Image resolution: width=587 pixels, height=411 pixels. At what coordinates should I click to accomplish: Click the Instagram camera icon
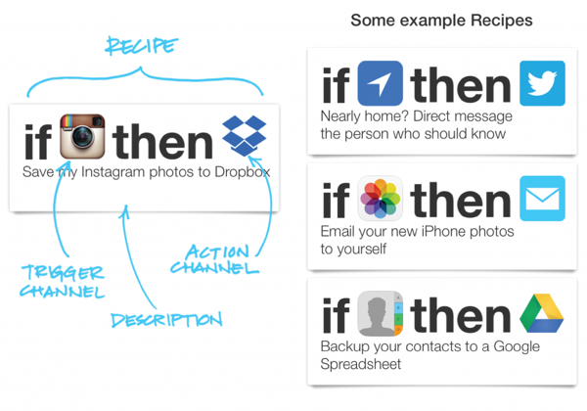pos(82,137)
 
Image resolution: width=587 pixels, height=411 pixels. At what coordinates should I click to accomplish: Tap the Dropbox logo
pos(244,137)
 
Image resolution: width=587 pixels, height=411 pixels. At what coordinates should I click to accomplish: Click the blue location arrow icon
pos(381,83)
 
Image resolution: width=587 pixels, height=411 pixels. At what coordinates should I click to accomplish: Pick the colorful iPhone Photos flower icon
pos(381,200)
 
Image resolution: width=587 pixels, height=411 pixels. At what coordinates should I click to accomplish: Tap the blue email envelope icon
pos(542,199)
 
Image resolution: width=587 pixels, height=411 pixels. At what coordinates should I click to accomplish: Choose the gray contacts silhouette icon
pos(381,315)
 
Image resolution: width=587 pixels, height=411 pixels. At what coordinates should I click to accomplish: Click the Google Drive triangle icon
pos(541,315)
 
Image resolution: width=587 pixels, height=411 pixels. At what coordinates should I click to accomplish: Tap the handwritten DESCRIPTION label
pos(165,320)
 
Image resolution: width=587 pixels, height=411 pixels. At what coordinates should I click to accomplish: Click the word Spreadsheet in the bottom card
pos(361,365)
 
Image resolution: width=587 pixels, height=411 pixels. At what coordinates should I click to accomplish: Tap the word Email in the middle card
pos(339,232)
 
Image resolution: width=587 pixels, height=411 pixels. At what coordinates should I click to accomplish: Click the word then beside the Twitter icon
pos(460,86)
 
